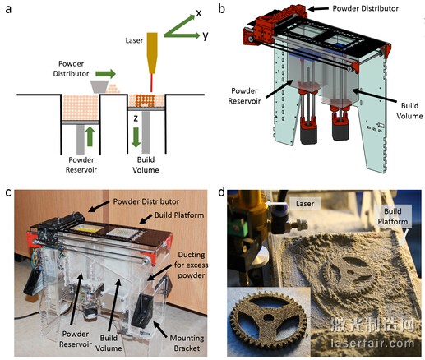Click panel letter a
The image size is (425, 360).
tap(8, 9)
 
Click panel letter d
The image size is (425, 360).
tap(222, 192)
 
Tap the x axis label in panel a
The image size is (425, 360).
tap(198, 13)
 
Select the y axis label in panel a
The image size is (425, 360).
tap(206, 35)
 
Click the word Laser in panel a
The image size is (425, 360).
tap(134, 40)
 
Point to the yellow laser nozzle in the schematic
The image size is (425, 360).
tap(152, 53)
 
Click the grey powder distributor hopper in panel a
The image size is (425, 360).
tap(99, 86)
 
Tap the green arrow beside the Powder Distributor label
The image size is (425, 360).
tap(105, 73)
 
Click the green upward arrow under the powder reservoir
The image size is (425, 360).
tap(90, 136)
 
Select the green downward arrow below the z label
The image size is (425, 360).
tap(136, 137)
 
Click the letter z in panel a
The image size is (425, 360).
tap(136, 118)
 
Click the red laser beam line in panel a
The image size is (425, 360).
tap(151, 83)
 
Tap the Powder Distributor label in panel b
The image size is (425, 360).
tap(365, 8)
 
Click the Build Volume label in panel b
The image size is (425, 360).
tap(409, 111)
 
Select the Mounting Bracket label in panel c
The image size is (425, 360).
tap(187, 343)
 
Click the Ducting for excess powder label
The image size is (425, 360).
tap(191, 265)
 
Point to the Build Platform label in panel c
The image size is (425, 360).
tap(179, 215)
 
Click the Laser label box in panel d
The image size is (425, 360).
tap(305, 204)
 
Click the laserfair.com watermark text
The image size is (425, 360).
tap(372, 343)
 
